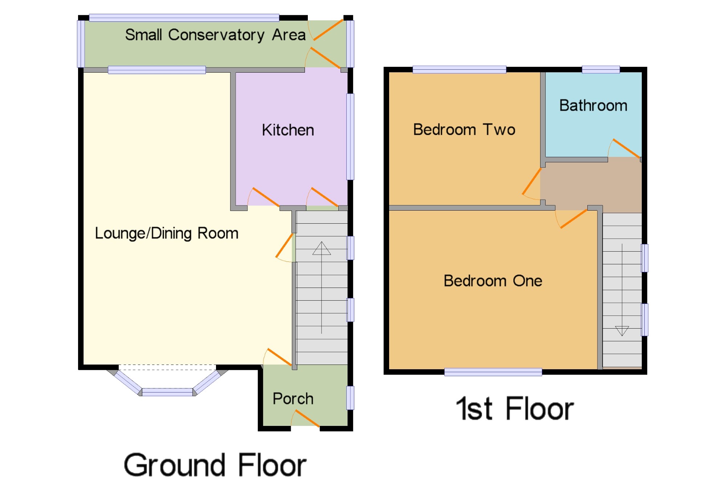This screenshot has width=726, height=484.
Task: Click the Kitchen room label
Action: [x=288, y=130]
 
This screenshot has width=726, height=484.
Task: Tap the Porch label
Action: [x=293, y=399]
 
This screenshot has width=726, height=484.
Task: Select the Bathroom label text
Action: [x=593, y=106]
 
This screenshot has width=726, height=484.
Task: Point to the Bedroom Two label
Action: [x=464, y=130]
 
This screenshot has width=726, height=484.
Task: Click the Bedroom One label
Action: [x=493, y=281]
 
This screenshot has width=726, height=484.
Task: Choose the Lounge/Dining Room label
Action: [x=167, y=233]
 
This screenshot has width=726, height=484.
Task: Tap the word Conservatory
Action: [x=216, y=35]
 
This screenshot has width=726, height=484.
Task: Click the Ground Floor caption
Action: [x=215, y=465]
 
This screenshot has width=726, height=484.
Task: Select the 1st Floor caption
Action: [x=515, y=409]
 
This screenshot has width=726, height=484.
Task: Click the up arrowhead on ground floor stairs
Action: [x=322, y=248]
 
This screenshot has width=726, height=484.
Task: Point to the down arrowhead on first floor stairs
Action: [x=622, y=331]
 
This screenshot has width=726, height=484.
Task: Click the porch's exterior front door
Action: [x=307, y=418]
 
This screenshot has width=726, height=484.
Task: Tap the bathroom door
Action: [x=627, y=149]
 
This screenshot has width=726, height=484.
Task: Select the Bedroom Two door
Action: [x=532, y=182]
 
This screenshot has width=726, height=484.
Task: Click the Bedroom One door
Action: [x=574, y=219]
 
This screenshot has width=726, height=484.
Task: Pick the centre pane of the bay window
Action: [x=167, y=392]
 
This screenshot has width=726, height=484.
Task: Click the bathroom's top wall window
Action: [x=601, y=69]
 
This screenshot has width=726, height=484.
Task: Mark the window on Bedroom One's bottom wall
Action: [x=493, y=372]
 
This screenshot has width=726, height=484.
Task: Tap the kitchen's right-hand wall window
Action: [x=350, y=137]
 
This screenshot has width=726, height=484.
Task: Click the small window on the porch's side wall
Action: [x=350, y=398]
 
